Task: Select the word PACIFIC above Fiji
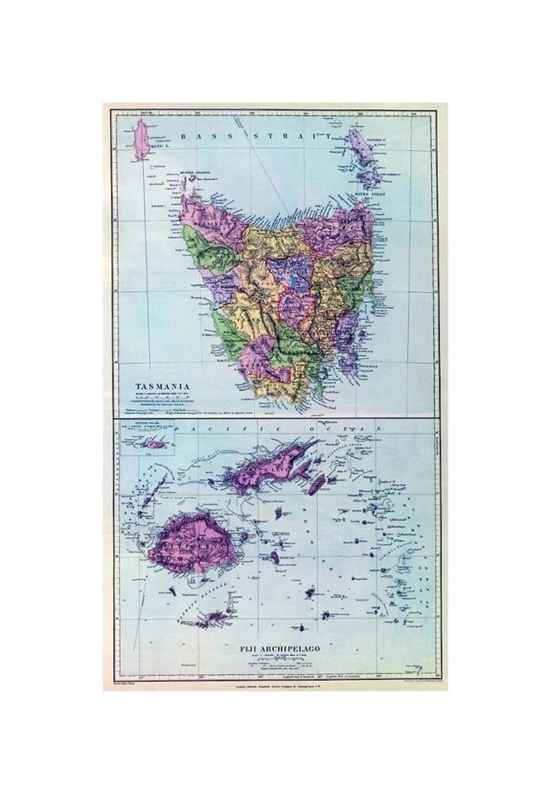click(x=213, y=430)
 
